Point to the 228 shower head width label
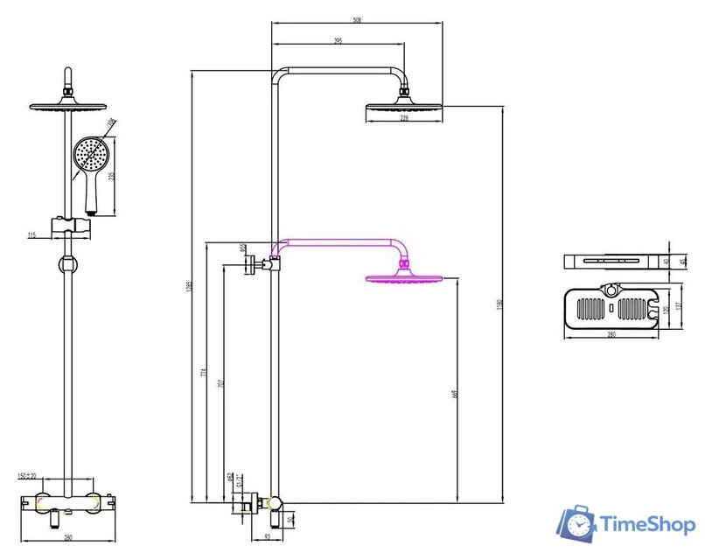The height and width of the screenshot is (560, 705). pyautogui.click(x=404, y=119)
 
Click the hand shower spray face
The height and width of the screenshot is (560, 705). pyautogui.click(x=89, y=155)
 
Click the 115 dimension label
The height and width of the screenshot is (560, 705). pyautogui.click(x=32, y=234)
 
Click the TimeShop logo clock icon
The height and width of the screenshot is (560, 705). pyautogui.click(x=577, y=524)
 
